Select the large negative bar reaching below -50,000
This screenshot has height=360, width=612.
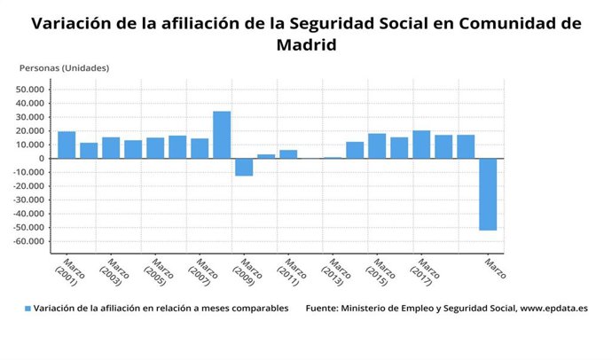[488, 194]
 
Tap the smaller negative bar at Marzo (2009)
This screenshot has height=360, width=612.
[244, 167]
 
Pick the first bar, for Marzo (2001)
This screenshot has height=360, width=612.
[67, 145]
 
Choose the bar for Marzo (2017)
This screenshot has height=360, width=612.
[421, 145]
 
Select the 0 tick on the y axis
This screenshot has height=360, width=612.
[42, 159]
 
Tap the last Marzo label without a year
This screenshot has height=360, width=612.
[496, 268]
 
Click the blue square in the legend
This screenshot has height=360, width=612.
[27, 309]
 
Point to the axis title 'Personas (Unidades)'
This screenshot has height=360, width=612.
[64, 67]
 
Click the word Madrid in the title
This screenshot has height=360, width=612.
[306, 44]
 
